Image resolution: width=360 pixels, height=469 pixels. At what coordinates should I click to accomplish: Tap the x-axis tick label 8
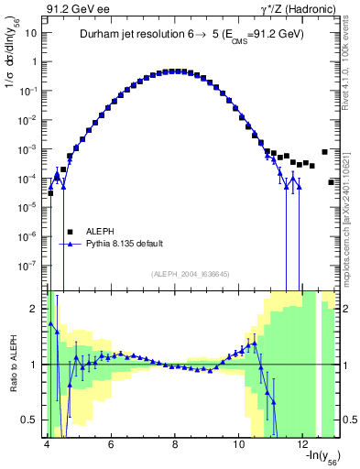(x=175, y=444)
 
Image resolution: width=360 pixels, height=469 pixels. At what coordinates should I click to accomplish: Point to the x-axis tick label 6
(x=111, y=444)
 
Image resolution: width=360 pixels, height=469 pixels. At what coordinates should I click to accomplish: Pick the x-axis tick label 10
(x=239, y=444)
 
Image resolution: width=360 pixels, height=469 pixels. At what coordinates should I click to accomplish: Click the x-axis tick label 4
(x=47, y=444)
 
